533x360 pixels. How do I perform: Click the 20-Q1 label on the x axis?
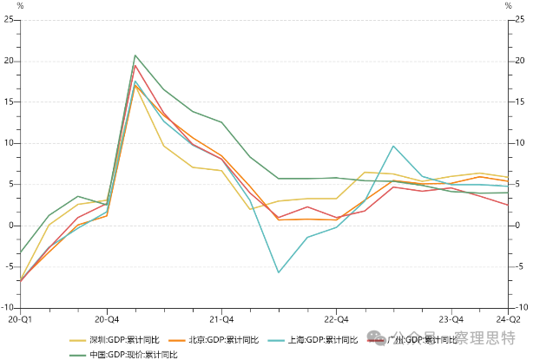[x=19, y=319]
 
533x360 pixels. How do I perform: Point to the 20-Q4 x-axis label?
[x=107, y=319]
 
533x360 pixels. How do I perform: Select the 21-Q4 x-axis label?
[x=221, y=319]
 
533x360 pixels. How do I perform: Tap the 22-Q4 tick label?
[x=336, y=319]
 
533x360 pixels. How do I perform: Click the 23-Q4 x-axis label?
[x=451, y=319]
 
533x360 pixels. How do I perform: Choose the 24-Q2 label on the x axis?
[x=508, y=319]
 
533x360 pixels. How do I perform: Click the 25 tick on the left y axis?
[x=8, y=20]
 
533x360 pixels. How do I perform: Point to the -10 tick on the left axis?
[x=8, y=307]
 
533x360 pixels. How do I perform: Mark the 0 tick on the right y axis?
[x=518, y=226]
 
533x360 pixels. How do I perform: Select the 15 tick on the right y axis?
[x=520, y=102]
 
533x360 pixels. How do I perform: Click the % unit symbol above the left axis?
[x=20, y=7]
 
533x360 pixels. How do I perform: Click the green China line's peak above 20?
[x=135, y=56]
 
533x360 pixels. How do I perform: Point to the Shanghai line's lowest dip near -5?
[x=279, y=272]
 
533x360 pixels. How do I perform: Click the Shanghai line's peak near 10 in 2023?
[x=393, y=146]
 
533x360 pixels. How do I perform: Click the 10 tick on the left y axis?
[x=8, y=143]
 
